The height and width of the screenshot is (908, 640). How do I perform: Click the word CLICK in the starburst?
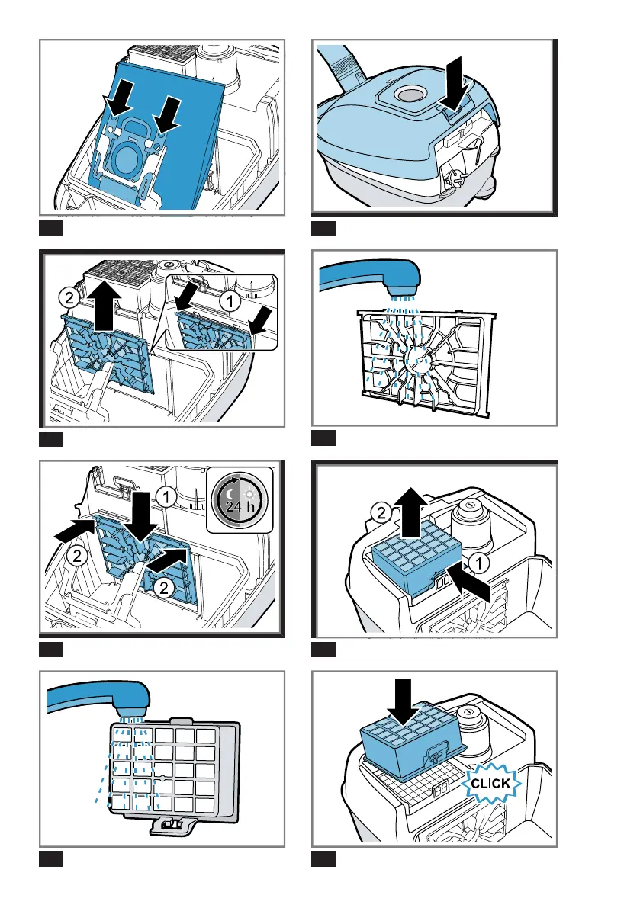click(490, 784)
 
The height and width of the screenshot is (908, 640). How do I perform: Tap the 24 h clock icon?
click(240, 500)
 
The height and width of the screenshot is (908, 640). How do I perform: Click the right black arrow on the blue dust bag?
click(165, 115)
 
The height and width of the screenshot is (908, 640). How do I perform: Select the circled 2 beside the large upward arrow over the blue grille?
click(69, 298)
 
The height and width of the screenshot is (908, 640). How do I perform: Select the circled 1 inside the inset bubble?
click(230, 301)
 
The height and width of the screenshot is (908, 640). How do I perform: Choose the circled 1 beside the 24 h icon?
click(167, 497)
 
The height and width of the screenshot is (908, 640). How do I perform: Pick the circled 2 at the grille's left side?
click(76, 557)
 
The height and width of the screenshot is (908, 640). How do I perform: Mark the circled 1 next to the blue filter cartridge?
click(479, 563)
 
